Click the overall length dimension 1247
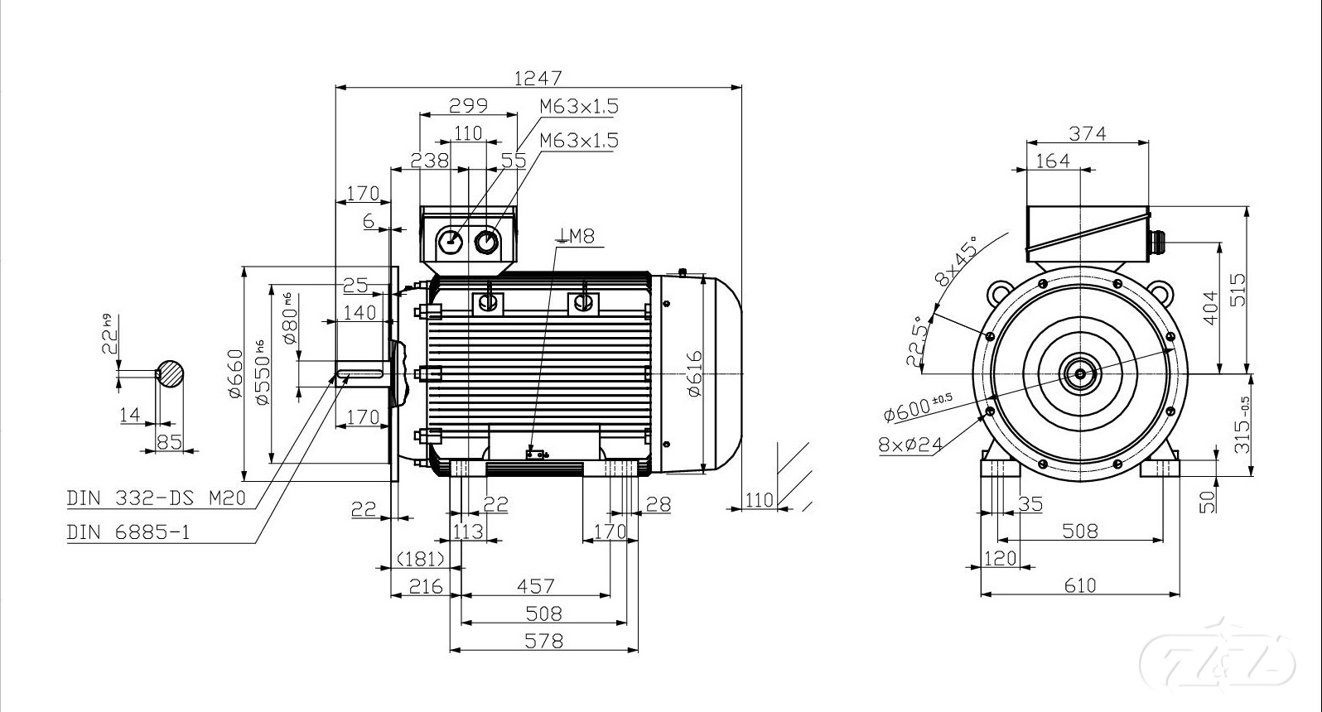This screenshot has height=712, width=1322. tap(538, 78)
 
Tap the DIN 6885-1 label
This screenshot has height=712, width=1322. tap(128, 532)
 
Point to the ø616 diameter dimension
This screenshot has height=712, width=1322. tap(694, 373)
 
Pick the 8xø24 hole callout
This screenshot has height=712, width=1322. tap(910, 445)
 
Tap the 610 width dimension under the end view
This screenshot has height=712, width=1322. tap(1079, 586)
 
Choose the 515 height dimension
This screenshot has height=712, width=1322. tap(1238, 290)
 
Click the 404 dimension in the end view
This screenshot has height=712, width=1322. tap(1211, 308)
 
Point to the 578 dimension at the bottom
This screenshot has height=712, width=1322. tap(544, 641)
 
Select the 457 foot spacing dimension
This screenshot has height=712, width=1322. tap(535, 586)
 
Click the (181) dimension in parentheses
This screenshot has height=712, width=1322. tap(421, 559)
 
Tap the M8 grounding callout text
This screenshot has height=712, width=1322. tap(577, 237)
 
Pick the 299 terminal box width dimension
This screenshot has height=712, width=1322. tap(468, 106)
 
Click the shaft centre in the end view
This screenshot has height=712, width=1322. tap(1080, 374)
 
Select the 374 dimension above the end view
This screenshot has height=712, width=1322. tap(1088, 133)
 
